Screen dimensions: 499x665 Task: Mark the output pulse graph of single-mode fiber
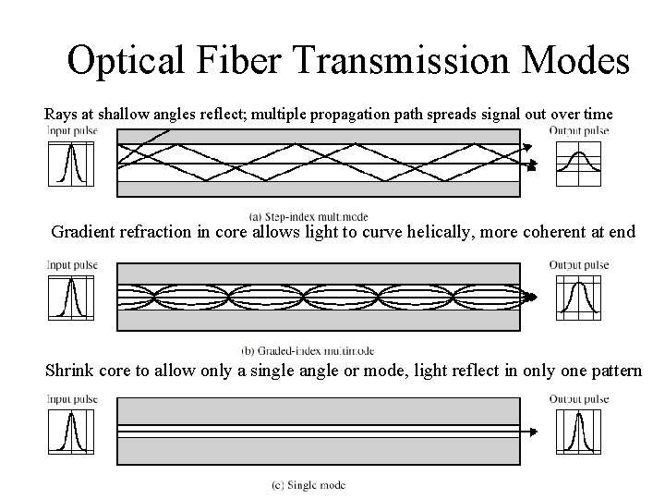point(577,431)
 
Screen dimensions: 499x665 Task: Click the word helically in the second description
point(433,232)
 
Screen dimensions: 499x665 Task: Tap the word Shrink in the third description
point(69,371)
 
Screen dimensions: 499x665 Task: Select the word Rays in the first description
point(61,115)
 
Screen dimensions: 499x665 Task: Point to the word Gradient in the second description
point(86,232)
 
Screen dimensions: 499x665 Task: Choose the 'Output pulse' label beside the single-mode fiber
point(579,399)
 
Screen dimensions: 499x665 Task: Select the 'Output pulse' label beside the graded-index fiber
point(579,265)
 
